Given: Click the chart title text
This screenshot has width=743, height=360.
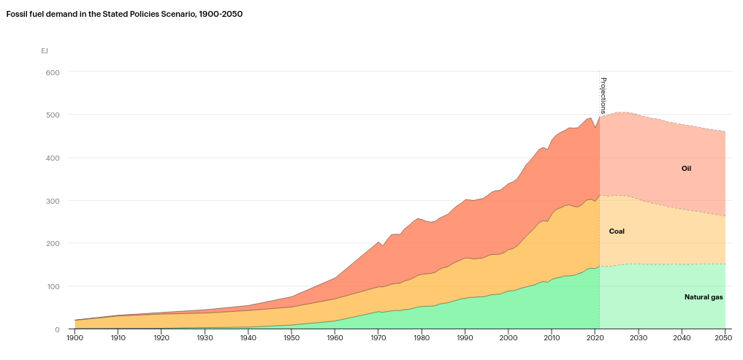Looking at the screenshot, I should point(124,14).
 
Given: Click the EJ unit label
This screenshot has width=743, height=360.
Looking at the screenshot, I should point(45,51).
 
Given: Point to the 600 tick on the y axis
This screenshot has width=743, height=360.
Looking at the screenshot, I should point(53,72).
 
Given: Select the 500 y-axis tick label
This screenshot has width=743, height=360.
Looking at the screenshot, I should point(53,115).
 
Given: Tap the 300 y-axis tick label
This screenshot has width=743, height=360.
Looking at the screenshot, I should point(53,201).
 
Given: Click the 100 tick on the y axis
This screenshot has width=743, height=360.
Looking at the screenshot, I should point(53,286).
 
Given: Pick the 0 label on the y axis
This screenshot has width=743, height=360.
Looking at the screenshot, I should point(57,329).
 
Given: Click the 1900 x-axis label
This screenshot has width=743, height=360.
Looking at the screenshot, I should point(75,339).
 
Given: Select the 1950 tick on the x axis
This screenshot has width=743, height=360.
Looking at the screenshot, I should point(292,339).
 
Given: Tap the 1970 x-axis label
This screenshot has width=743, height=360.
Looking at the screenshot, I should point(378,339).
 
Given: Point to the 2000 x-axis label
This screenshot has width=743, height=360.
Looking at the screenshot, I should point(508,339).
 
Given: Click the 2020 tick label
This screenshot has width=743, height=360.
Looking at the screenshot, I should point(595,339).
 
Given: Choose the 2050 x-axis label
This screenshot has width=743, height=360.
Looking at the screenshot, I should point(724,339).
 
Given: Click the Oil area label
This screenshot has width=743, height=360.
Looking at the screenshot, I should point(686,169).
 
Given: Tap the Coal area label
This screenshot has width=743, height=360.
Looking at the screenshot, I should point(617,231).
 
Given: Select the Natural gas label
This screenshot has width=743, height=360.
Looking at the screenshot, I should point(704,297).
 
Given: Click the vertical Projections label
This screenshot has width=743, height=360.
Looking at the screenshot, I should point(603,95).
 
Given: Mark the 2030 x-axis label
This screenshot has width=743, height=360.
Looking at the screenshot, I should point(638,339).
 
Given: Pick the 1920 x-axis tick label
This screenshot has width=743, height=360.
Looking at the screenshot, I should point(162,339).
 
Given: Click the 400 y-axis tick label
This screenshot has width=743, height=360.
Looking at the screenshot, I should point(53,158).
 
